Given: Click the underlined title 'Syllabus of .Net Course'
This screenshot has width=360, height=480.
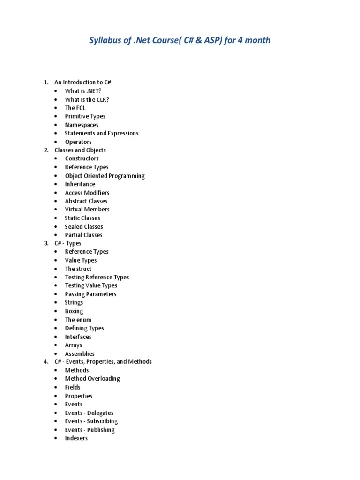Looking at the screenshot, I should pyautogui.click(x=180, y=40).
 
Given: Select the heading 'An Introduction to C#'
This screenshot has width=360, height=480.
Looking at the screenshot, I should pyautogui.click(x=82, y=82).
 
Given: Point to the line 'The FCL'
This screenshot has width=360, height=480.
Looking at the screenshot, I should pyautogui.click(x=75, y=108).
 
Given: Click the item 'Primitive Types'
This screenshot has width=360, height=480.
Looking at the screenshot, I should pyautogui.click(x=85, y=116).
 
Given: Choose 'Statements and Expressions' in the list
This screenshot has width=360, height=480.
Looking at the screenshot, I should pyautogui.click(x=101, y=133).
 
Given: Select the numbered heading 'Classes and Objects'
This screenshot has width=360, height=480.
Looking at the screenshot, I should pyautogui.click(x=80, y=150).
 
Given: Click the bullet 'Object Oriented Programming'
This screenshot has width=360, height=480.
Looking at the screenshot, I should pyautogui.click(x=105, y=176).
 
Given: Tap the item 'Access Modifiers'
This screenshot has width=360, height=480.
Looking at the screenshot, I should pyautogui.click(x=87, y=193).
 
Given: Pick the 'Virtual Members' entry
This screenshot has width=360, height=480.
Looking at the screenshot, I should pyautogui.click(x=87, y=210).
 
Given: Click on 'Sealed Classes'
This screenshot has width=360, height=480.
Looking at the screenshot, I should pyautogui.click(x=83, y=226).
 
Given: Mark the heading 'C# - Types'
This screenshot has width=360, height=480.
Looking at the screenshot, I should pyautogui.click(x=68, y=243).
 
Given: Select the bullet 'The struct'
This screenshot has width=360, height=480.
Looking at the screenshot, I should pyautogui.click(x=78, y=269).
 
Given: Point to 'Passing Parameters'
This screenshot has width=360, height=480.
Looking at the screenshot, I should pyautogui.click(x=90, y=294).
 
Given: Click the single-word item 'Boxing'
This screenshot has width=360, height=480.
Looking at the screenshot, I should pyautogui.click(x=74, y=311).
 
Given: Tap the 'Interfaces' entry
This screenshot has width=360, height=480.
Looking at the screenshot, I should pyautogui.click(x=78, y=337).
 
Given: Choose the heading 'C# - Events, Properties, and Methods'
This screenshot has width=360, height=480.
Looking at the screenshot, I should pyautogui.click(x=103, y=361).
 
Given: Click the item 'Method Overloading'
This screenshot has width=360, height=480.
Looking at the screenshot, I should pyautogui.click(x=92, y=379).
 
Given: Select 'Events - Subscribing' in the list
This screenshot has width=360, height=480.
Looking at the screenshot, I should pyautogui.click(x=91, y=421).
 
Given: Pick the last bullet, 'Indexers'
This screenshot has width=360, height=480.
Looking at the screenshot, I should pyautogui.click(x=76, y=438).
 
